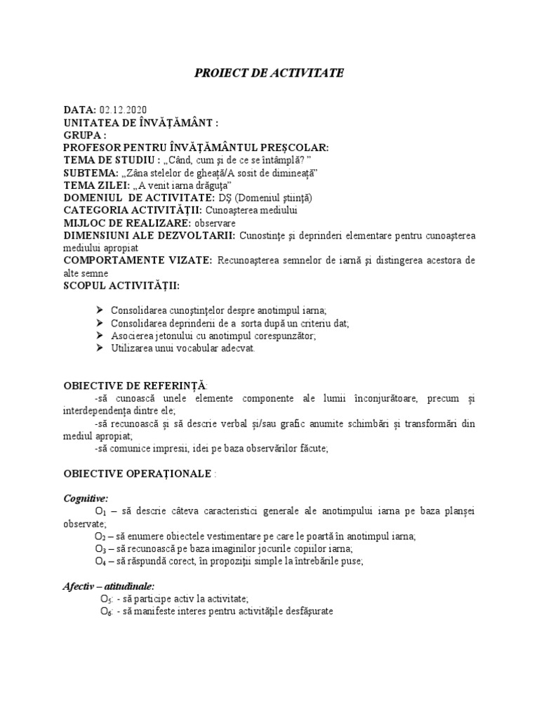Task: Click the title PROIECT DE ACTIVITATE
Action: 269,73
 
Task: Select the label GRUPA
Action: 84,135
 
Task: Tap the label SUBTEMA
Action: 90,173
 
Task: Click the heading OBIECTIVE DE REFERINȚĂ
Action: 135,386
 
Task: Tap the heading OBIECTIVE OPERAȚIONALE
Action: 138,473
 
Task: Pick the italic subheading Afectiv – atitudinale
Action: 109,586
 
